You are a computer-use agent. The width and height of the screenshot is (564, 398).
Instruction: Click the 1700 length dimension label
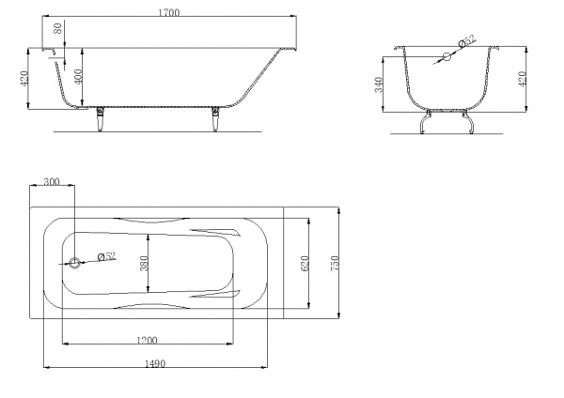coord(168,12)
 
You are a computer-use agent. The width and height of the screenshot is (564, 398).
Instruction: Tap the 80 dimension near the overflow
coord(57,28)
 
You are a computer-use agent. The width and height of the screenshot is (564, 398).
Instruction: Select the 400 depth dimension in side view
coord(78,76)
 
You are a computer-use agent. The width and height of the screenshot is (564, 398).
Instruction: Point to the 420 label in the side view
coord(24,78)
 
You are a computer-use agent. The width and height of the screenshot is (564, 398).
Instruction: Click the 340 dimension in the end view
coord(379,84)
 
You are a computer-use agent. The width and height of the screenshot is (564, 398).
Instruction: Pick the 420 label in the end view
coord(523,78)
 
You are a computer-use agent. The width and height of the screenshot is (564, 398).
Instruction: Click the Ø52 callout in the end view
coord(467,40)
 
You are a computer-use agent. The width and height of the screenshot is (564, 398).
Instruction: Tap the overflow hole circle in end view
coord(446,56)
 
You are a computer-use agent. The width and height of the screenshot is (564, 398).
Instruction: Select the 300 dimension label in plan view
coord(52,181)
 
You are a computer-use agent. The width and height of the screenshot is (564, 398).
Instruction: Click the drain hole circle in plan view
coord(75,263)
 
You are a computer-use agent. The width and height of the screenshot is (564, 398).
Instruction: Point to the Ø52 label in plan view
coord(107,255)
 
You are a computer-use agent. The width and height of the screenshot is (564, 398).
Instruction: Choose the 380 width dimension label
coord(144,263)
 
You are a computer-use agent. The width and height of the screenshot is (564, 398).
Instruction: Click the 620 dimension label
coord(304,263)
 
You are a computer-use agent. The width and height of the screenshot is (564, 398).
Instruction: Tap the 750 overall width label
coord(334,263)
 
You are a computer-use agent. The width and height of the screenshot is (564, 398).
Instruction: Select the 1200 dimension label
coord(148,340)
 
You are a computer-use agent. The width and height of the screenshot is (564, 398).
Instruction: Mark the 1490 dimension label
coord(155,363)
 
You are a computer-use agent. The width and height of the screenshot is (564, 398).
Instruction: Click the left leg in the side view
coord(101,119)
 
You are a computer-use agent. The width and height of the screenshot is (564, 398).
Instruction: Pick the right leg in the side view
coord(215,119)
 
